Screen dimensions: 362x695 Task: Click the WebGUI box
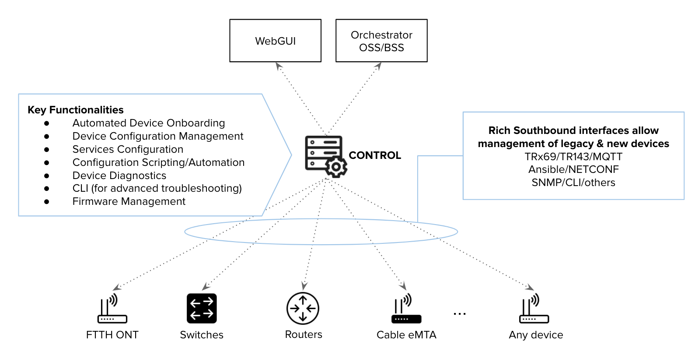click(276, 41)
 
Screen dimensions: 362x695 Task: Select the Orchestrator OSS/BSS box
click(381, 41)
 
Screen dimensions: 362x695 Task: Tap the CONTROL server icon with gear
click(326, 156)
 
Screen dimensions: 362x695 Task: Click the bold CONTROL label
click(375, 155)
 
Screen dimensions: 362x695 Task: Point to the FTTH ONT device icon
click(112, 309)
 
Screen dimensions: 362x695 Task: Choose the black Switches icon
click(202, 308)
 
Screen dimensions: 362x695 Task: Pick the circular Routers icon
click(303, 308)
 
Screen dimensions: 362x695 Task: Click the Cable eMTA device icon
click(406, 309)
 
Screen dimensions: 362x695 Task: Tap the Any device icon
click(534, 309)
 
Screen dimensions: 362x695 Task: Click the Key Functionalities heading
click(76, 110)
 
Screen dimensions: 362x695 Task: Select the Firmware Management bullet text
click(129, 201)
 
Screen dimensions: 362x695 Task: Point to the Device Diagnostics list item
click(119, 176)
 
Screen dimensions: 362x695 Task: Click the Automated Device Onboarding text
click(149, 123)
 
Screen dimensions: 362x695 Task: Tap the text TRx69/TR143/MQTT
click(573, 157)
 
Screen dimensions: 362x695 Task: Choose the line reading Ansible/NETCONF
click(573, 169)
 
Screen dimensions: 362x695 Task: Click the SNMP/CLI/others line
click(573, 183)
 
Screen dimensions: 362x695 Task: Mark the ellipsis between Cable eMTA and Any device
click(460, 313)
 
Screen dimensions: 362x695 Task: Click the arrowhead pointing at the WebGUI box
click(279, 66)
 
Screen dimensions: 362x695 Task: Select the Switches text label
click(202, 335)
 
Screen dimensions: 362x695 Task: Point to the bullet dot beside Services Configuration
click(47, 150)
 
